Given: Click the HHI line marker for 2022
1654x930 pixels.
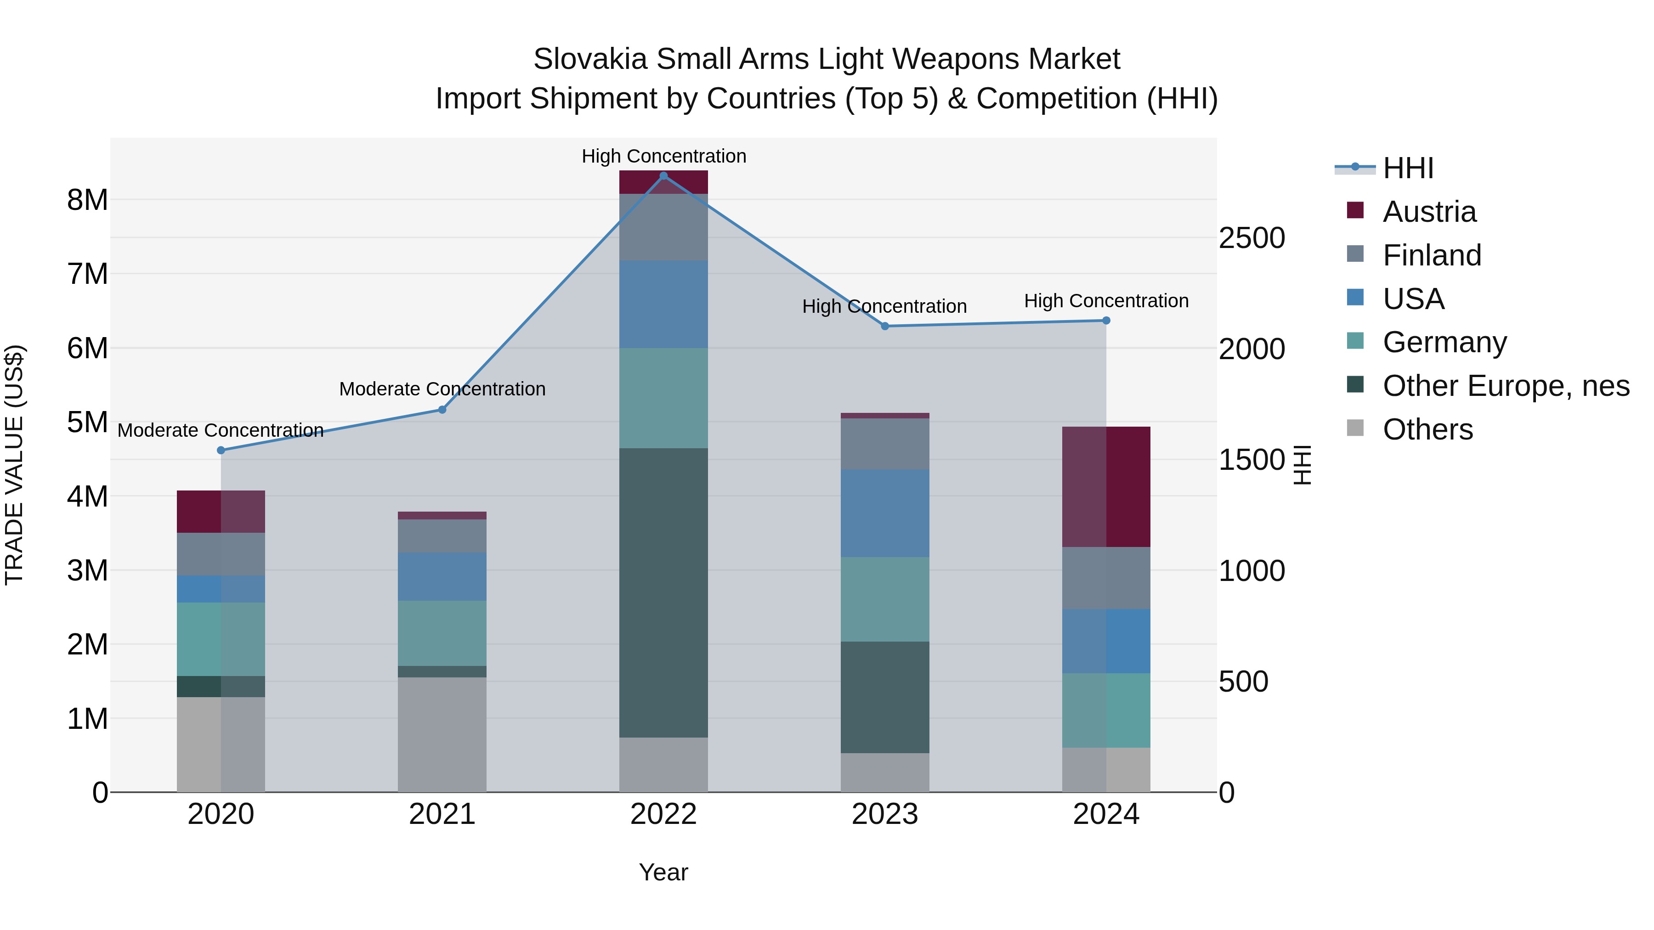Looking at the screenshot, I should click(663, 175).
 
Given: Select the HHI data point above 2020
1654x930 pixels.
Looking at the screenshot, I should click(221, 451).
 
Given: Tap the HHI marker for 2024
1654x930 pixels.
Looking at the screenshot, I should click(1106, 320).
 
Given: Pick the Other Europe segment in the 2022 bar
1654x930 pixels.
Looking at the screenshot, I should click(663, 592).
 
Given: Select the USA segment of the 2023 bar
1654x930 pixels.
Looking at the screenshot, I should click(885, 513).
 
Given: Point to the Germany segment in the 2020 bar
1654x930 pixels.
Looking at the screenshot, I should click(221, 639).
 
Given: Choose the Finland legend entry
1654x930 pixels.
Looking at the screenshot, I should click(1431, 255).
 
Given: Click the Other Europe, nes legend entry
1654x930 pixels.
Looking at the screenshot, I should click(1505, 386).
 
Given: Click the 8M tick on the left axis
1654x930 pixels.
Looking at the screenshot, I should click(87, 200).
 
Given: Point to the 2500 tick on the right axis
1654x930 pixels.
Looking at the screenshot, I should click(1252, 238).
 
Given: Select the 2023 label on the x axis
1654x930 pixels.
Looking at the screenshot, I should click(885, 814).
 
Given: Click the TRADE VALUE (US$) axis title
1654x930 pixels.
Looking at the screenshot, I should click(14, 465).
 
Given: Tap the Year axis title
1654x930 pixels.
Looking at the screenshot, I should click(663, 872).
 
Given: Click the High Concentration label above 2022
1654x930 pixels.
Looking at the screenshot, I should click(663, 156).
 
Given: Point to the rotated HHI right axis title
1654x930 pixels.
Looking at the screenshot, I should click(1302, 465).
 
